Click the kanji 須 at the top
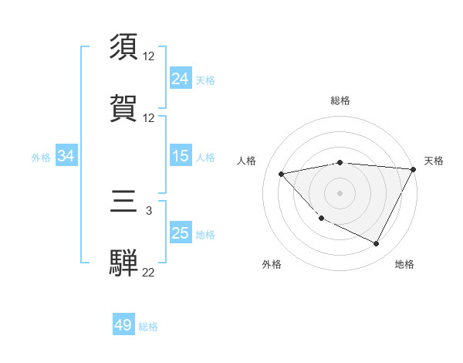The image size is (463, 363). [124, 47]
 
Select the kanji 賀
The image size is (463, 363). [124, 107]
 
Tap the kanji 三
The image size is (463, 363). [124, 203]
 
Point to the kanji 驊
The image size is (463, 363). [124, 263]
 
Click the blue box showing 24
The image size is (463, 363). [181, 79]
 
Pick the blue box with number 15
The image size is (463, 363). [181, 157]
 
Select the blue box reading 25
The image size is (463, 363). [181, 233]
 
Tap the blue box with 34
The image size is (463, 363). [66, 157]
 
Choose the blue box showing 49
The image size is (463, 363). [123, 326]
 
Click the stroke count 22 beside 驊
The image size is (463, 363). [149, 272]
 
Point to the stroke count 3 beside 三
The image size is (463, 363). [149, 210]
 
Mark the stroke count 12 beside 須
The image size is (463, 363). [149, 56]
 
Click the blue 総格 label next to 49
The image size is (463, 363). [148, 327]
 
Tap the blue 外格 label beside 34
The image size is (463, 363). [41, 158]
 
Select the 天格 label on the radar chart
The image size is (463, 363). [434, 161]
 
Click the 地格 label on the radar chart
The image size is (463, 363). [404, 265]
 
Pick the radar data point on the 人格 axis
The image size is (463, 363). [282, 174]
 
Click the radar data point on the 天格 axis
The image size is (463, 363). [414, 169]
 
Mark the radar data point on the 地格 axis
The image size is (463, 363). [376, 244]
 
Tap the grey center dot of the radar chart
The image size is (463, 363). [340, 192]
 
